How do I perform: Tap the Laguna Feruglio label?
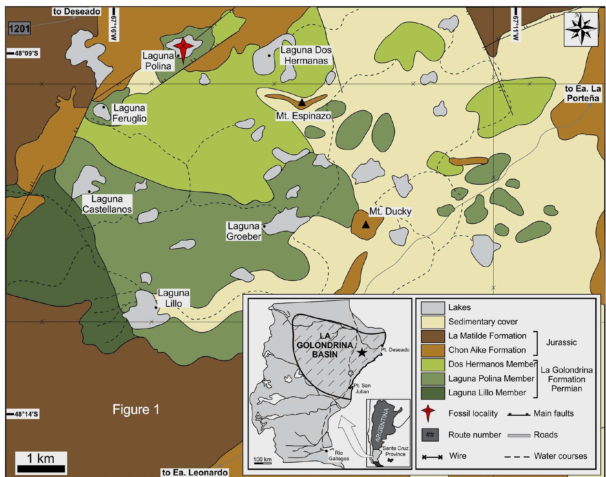129,113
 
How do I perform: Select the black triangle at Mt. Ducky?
366,225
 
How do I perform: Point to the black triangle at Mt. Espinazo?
302,103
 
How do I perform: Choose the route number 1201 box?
19,29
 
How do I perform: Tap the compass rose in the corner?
581,29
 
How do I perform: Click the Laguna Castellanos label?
107,204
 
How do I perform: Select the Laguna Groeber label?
244,231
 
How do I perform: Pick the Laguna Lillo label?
173,298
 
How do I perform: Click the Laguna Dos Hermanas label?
306,55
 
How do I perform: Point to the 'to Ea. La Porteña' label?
583,93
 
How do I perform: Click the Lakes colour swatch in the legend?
432,308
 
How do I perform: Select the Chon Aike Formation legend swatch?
432,350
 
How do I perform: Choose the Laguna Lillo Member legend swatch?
432,393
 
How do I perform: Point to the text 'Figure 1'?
136,410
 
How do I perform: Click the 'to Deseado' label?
77,12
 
